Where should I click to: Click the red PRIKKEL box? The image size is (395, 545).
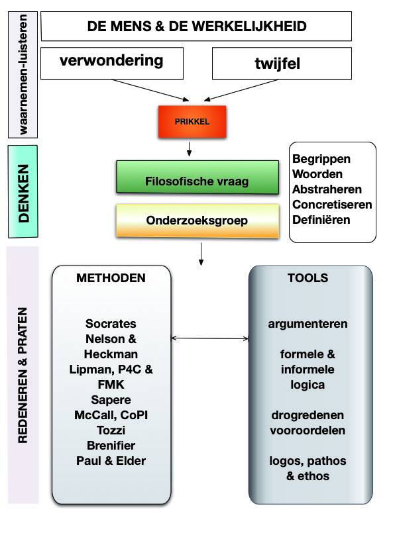(x=192, y=122)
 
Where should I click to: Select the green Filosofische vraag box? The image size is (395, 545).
(x=197, y=177)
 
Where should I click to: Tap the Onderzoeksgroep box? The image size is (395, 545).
(x=197, y=221)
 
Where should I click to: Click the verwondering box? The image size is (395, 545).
(x=112, y=64)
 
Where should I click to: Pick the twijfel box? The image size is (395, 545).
(x=282, y=64)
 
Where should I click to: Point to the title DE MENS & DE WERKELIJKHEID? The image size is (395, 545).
(x=196, y=26)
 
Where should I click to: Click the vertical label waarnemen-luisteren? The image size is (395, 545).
(x=23, y=74)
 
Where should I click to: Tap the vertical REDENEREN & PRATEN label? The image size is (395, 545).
(x=23, y=375)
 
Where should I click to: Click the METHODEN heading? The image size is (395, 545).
(x=111, y=277)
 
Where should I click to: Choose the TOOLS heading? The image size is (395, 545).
(x=308, y=277)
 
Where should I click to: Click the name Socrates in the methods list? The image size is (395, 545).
(x=111, y=324)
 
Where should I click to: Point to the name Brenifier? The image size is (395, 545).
(x=111, y=445)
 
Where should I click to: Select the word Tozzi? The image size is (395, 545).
(x=111, y=430)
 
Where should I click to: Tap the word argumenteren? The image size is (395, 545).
(x=308, y=324)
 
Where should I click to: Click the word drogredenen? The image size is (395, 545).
(x=308, y=415)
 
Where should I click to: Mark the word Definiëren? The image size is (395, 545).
(x=321, y=220)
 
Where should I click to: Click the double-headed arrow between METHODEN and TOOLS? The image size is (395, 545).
(x=210, y=338)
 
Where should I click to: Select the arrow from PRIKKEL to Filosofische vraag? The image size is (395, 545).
(x=189, y=149)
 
